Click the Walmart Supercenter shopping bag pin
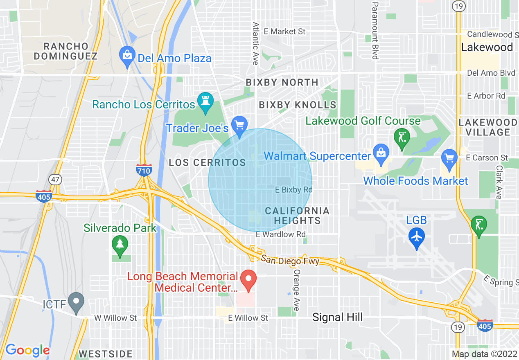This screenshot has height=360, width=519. pos(381,155)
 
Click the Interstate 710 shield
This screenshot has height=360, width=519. pos(144,170)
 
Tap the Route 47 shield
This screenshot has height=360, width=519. pos(55,179)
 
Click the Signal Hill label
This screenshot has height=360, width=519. pos(337,317)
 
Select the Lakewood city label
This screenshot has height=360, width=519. pos(487,47)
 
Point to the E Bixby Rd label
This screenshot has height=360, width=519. pos(293,190)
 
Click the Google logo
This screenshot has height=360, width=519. pos(27,350)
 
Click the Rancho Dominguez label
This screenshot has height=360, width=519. pos(65,51)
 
